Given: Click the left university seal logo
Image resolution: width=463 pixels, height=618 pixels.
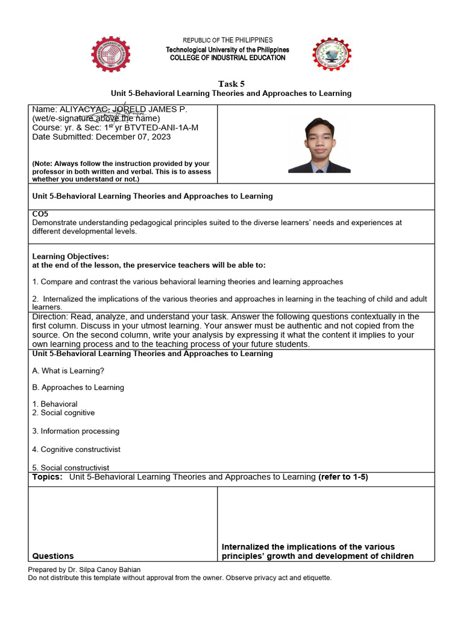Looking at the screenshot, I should tap(114, 54).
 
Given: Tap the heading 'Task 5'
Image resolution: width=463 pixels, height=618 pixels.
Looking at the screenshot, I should tap(231, 84).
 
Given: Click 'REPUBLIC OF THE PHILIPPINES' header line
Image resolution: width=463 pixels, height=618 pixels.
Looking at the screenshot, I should tap(228, 40).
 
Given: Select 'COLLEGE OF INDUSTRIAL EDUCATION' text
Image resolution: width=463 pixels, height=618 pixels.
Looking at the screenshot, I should tap(228, 58).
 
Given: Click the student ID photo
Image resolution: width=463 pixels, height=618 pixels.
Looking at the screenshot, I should tap(319, 144).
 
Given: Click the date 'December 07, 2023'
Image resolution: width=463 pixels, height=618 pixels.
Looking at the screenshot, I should tap(133, 137).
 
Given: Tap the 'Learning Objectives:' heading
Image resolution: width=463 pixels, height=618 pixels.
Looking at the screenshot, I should tap(71, 256).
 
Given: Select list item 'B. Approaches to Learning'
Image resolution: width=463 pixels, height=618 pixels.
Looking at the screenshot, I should tap(78, 387).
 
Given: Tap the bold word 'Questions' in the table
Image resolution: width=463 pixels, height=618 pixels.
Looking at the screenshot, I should tap(53, 556).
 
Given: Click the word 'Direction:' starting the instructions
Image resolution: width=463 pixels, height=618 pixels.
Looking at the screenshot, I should tap(50, 317).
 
